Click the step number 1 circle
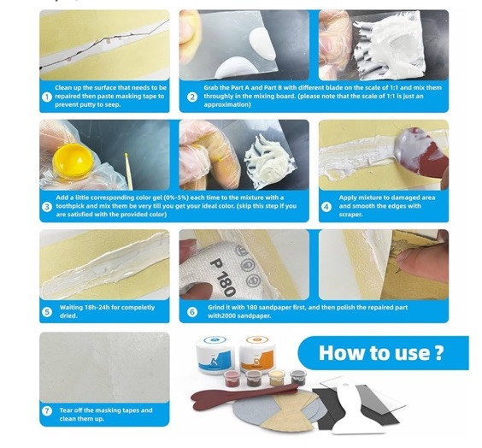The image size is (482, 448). tap(47, 97)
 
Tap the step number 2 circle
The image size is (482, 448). tap(192, 97)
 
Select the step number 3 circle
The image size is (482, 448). tap(47, 206)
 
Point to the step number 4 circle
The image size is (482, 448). tap(326, 207)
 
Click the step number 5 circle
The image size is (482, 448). tap(47, 312)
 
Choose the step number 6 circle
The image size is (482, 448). tap(192, 312)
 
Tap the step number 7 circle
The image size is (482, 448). tap(47, 411)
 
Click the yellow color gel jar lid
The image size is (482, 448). tap(73, 162)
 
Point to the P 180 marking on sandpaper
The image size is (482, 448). tap(223, 277)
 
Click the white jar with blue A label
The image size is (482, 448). tap(215, 354)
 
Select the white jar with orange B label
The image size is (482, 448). tap(257, 354)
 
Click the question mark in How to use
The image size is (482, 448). tap(439, 353)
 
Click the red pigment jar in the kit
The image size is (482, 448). tap(233, 379)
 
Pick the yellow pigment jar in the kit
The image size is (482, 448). tap(277, 378)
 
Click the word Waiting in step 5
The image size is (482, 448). tap(71, 307)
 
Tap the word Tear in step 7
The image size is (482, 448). tap(66, 410)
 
